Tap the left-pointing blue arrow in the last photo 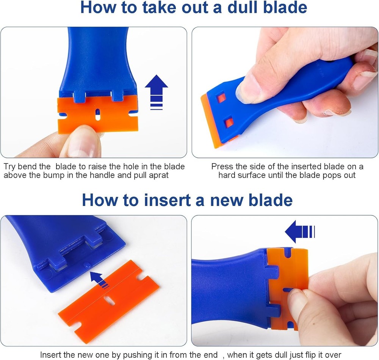pos(299,232)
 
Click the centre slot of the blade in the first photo pos(98,114)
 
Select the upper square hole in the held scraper pos(221,98)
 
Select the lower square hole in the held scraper pos(229,123)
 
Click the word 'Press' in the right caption pos(221,167)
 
